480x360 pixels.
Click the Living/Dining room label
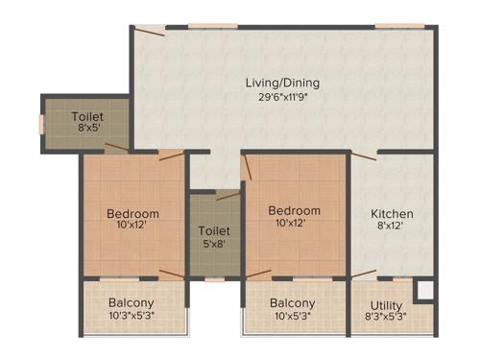(281, 83)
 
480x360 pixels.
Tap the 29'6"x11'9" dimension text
(281, 96)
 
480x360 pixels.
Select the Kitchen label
(393, 213)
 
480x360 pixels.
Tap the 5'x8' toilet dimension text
(212, 245)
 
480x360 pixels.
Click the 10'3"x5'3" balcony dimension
(132, 315)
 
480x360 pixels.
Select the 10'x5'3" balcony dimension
(293, 316)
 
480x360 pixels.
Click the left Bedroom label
(132, 213)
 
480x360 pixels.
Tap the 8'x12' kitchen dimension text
(393, 227)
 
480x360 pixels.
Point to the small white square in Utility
(423, 291)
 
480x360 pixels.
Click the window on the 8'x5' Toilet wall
(41, 124)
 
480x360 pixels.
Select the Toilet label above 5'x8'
(212, 231)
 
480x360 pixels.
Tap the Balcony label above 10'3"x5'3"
(132, 302)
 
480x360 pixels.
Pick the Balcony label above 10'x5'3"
(293, 303)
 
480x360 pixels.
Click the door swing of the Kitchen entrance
(363, 156)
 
